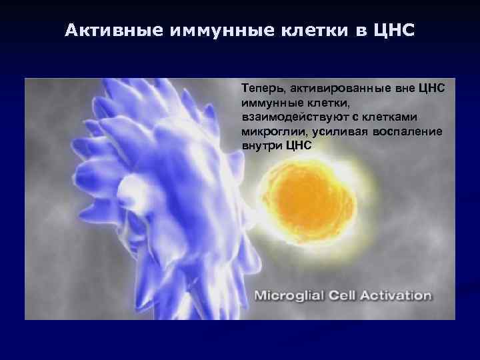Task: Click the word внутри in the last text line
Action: point(261,145)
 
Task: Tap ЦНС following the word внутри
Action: point(298,145)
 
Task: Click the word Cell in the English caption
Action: point(344,295)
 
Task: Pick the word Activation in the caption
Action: point(396,295)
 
